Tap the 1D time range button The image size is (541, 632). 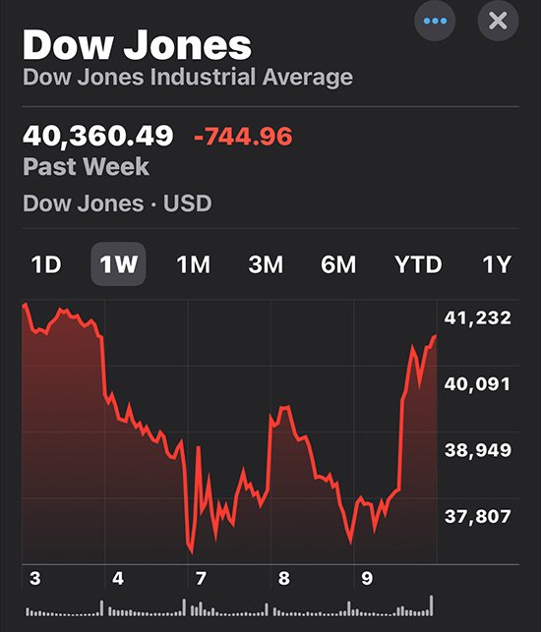coord(46,264)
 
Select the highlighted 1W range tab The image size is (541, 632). coord(118,264)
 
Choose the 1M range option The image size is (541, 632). coord(193,264)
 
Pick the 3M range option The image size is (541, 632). coord(266,264)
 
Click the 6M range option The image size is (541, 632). coord(338,264)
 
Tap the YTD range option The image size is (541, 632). coord(418,264)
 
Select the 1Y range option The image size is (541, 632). coord(497,264)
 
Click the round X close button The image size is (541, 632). coord(498,21)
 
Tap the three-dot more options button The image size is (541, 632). coord(435,21)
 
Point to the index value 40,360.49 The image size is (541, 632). coord(98,136)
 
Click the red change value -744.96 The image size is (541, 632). coord(243,137)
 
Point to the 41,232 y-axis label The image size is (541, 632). coord(478,318)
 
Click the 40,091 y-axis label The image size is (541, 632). coord(477,384)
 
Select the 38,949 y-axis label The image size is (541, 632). coord(478,450)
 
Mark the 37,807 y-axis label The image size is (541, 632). coord(478,516)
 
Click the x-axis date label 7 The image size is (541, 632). coord(201,579)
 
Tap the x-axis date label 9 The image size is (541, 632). coord(367,579)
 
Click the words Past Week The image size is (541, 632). coord(86,166)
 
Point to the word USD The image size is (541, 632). coord(187,203)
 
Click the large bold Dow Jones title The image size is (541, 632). coord(137,44)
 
